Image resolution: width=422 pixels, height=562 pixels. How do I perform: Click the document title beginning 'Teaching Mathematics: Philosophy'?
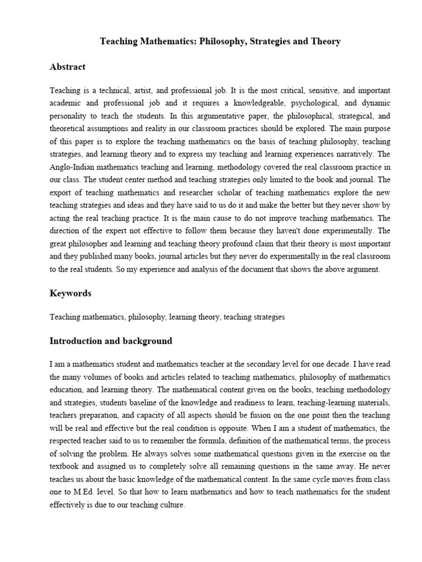click(220, 41)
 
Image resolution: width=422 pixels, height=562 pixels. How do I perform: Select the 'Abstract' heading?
click(68, 67)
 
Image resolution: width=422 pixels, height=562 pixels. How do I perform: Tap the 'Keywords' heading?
click(70, 294)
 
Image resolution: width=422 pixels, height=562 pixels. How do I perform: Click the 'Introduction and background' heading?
click(110, 341)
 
